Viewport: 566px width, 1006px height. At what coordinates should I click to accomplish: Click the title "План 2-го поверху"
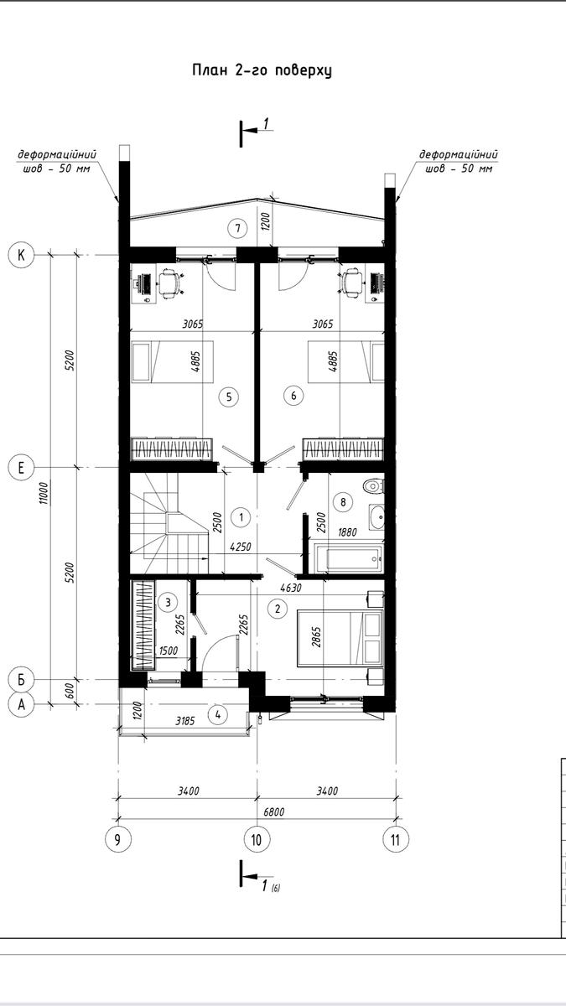(262, 70)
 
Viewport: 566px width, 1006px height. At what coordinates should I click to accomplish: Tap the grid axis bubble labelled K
(21, 255)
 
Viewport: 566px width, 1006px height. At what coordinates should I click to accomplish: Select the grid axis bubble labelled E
(21, 468)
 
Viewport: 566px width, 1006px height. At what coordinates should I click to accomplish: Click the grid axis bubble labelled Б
(21, 680)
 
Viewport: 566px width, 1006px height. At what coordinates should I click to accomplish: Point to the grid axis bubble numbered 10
(257, 839)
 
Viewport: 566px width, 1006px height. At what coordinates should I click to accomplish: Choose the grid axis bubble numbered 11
(395, 839)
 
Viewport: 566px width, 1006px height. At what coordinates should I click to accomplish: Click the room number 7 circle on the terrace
(237, 228)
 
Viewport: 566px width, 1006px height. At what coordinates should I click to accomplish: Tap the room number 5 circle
(229, 397)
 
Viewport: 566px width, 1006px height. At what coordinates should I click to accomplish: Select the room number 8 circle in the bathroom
(344, 501)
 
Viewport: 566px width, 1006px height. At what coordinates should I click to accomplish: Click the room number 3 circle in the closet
(168, 602)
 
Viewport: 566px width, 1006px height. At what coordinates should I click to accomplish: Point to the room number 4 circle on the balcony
(218, 714)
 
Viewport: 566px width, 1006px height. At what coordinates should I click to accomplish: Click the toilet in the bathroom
(374, 486)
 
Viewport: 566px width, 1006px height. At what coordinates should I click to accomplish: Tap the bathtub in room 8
(349, 558)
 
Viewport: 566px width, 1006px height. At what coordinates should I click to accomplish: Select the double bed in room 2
(340, 638)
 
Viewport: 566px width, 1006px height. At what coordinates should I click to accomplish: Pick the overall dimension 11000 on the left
(44, 493)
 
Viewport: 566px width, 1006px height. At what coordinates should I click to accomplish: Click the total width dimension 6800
(273, 812)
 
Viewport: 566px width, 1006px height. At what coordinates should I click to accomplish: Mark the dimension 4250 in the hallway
(241, 547)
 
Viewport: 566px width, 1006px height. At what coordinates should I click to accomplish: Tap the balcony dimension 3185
(185, 721)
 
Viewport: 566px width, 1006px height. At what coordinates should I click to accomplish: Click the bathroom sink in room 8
(377, 517)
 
